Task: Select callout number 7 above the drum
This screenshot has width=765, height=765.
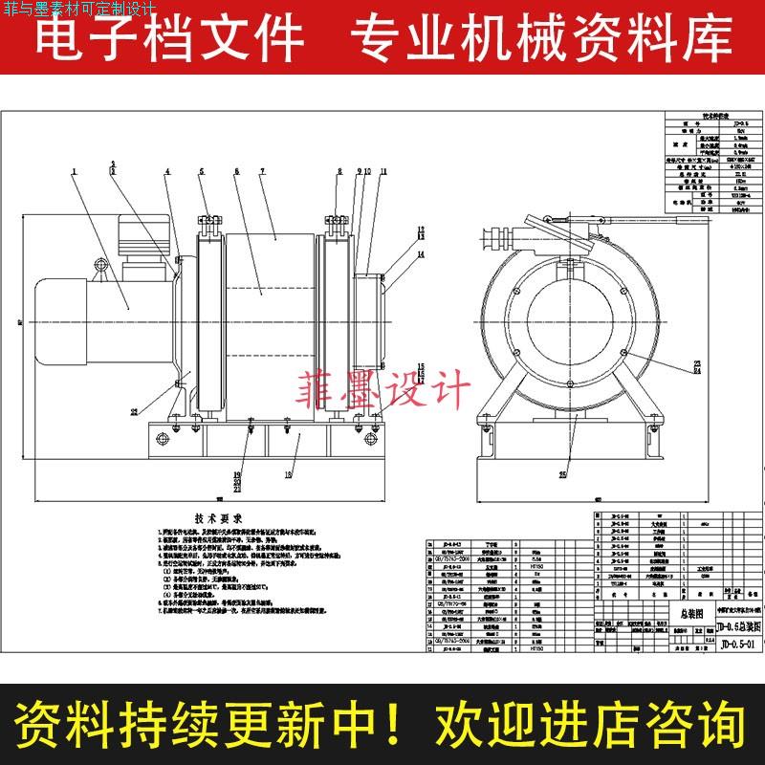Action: click(x=262, y=170)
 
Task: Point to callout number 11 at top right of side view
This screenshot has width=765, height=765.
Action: click(x=382, y=171)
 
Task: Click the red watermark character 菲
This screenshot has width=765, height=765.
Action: click(x=320, y=393)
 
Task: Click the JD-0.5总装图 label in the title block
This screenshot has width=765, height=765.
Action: click(x=736, y=626)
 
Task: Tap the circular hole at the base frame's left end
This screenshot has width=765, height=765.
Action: click(x=159, y=439)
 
